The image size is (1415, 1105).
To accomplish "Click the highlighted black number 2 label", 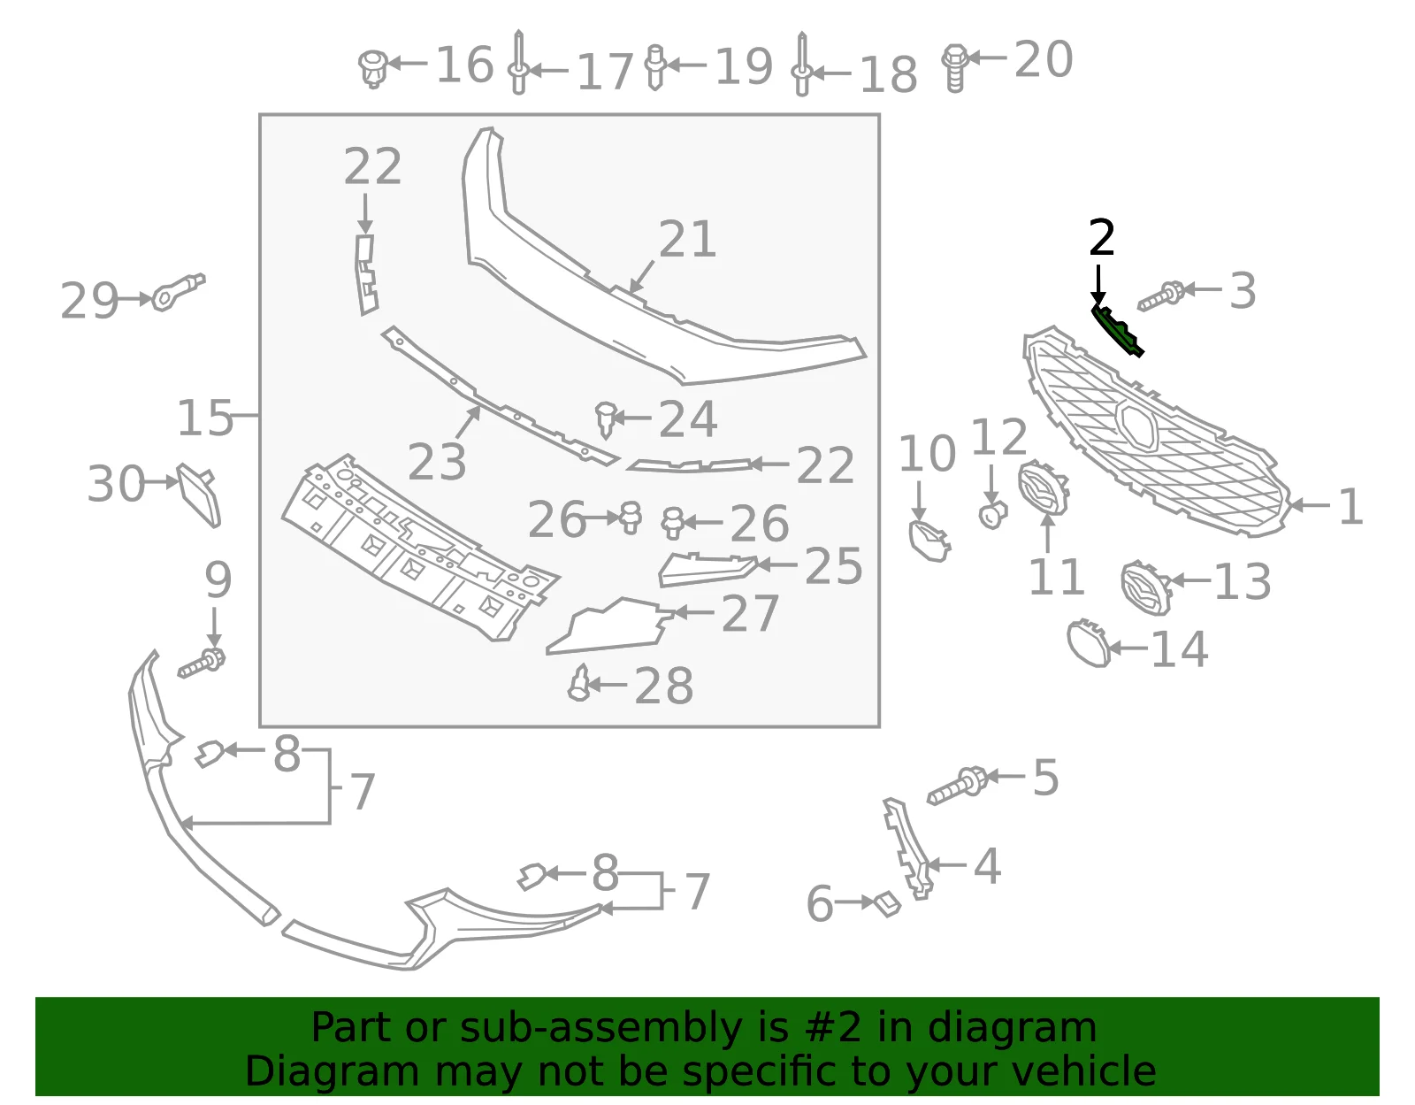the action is (1101, 238).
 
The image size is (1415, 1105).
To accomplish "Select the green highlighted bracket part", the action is (1118, 332).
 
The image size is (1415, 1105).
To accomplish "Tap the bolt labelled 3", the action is (1161, 296).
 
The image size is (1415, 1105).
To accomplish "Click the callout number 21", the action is (687, 240).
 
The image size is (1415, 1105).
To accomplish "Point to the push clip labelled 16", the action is (373, 68).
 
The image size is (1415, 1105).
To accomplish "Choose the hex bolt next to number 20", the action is (954, 68).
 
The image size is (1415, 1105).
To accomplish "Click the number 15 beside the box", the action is (204, 418).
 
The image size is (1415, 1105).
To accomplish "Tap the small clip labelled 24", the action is (607, 419).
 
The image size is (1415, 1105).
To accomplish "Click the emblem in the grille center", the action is (1137, 425).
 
